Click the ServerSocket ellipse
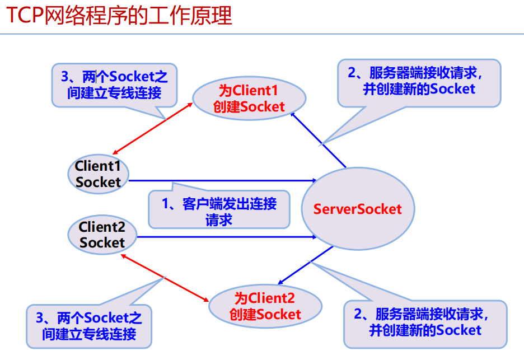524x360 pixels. tap(357, 209)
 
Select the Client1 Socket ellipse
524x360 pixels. tap(98, 174)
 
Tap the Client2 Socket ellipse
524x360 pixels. tap(102, 235)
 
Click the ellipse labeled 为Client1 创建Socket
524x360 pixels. tap(249, 99)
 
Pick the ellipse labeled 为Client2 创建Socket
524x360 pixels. tap(265, 306)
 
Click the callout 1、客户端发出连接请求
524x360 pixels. tap(219, 211)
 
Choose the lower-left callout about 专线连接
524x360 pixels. tap(89, 326)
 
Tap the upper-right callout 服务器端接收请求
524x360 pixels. tap(419, 81)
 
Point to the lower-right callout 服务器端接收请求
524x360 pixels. tap(425, 322)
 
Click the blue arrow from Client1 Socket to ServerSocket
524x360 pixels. tap(224, 180)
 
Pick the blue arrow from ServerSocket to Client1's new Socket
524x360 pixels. tap(318, 139)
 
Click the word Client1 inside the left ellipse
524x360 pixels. tap(98, 166)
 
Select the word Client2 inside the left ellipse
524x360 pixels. tap(102, 227)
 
